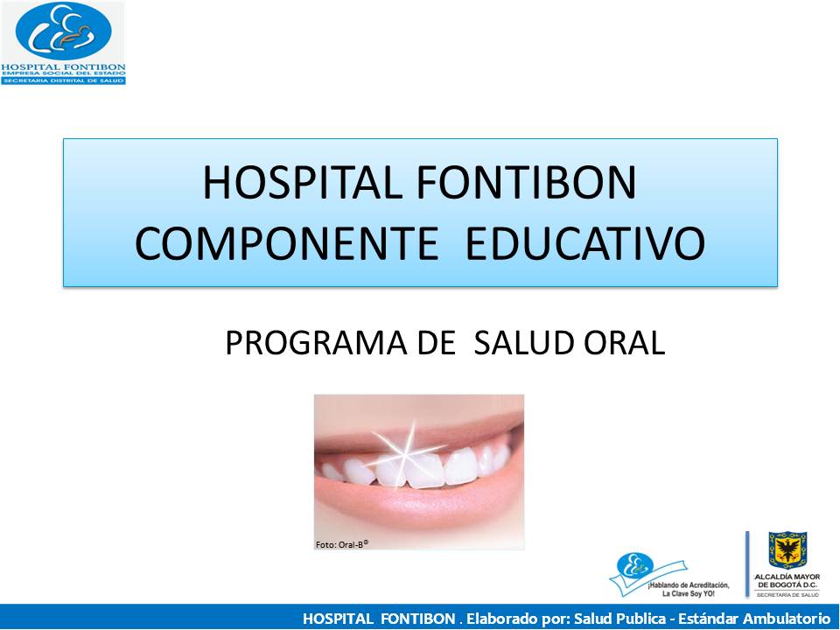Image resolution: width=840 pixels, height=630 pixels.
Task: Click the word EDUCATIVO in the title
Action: click(x=585, y=244)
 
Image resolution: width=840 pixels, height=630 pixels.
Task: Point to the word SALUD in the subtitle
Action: click(x=519, y=343)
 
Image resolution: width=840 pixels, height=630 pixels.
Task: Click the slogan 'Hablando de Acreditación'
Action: click(x=689, y=583)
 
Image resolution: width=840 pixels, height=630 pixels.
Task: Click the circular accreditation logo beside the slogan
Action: click(x=631, y=569)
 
